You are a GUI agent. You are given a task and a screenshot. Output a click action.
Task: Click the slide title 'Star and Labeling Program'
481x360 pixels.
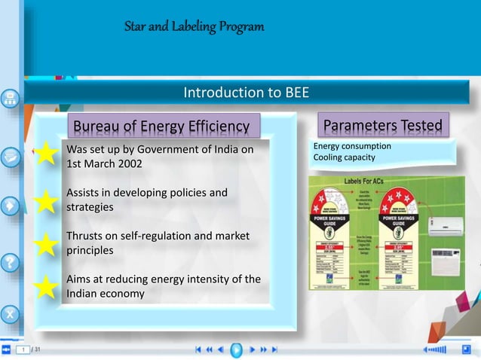pyautogui.click(x=195, y=28)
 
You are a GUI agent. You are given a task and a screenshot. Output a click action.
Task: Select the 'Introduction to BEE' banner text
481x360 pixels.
pyautogui.click(x=246, y=93)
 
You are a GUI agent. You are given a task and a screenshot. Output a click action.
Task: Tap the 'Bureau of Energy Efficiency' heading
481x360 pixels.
pyautogui.click(x=164, y=126)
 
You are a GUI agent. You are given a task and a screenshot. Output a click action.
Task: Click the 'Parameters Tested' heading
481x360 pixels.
pyautogui.click(x=384, y=124)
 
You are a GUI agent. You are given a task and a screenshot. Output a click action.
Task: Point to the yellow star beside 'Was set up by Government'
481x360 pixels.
pyautogui.click(x=46, y=154)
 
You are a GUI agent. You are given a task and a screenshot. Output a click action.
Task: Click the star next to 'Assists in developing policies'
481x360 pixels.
pyautogui.click(x=46, y=200)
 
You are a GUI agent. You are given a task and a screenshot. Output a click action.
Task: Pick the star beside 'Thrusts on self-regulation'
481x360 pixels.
pyautogui.click(x=46, y=243)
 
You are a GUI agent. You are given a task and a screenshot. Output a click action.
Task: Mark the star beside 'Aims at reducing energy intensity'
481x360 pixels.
pyautogui.click(x=46, y=286)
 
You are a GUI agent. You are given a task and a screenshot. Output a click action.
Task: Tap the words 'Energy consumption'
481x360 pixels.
pyautogui.click(x=352, y=146)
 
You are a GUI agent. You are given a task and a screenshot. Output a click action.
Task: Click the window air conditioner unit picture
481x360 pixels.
pyautogui.click(x=448, y=265)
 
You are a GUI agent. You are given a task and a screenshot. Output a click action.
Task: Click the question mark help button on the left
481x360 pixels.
pyautogui.click(x=10, y=263)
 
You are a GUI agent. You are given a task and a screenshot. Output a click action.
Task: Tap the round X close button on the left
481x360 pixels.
pyautogui.click(x=10, y=311)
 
